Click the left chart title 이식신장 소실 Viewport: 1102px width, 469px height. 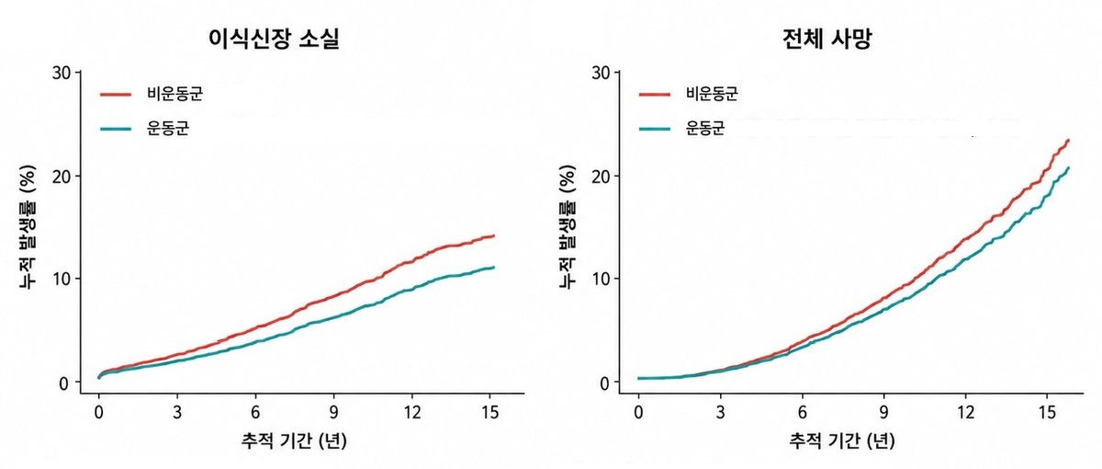pos(274,39)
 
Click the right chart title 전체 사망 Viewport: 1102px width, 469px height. pos(827,39)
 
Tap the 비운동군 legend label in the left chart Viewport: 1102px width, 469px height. pos(174,94)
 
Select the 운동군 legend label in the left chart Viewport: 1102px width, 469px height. pos(168,128)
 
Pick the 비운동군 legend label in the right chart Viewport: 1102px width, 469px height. pos(713,94)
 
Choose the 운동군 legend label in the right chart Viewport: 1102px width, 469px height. pos(705,128)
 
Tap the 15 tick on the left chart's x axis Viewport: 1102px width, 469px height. pos(490,412)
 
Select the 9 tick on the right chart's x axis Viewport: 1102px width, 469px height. pos(884,412)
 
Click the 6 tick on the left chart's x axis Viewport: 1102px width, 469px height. pos(255,412)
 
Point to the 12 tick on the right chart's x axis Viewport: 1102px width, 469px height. pos(966,412)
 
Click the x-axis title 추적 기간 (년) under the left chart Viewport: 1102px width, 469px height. pos(294,440)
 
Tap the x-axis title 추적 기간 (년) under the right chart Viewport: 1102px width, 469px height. pos(842,440)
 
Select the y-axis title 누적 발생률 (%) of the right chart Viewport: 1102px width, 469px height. pos(568,226)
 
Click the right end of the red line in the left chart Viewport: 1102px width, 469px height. pos(494,236)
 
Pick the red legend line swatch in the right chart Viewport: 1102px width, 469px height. pos(654,94)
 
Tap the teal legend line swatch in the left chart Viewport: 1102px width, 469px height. pos(116,129)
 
